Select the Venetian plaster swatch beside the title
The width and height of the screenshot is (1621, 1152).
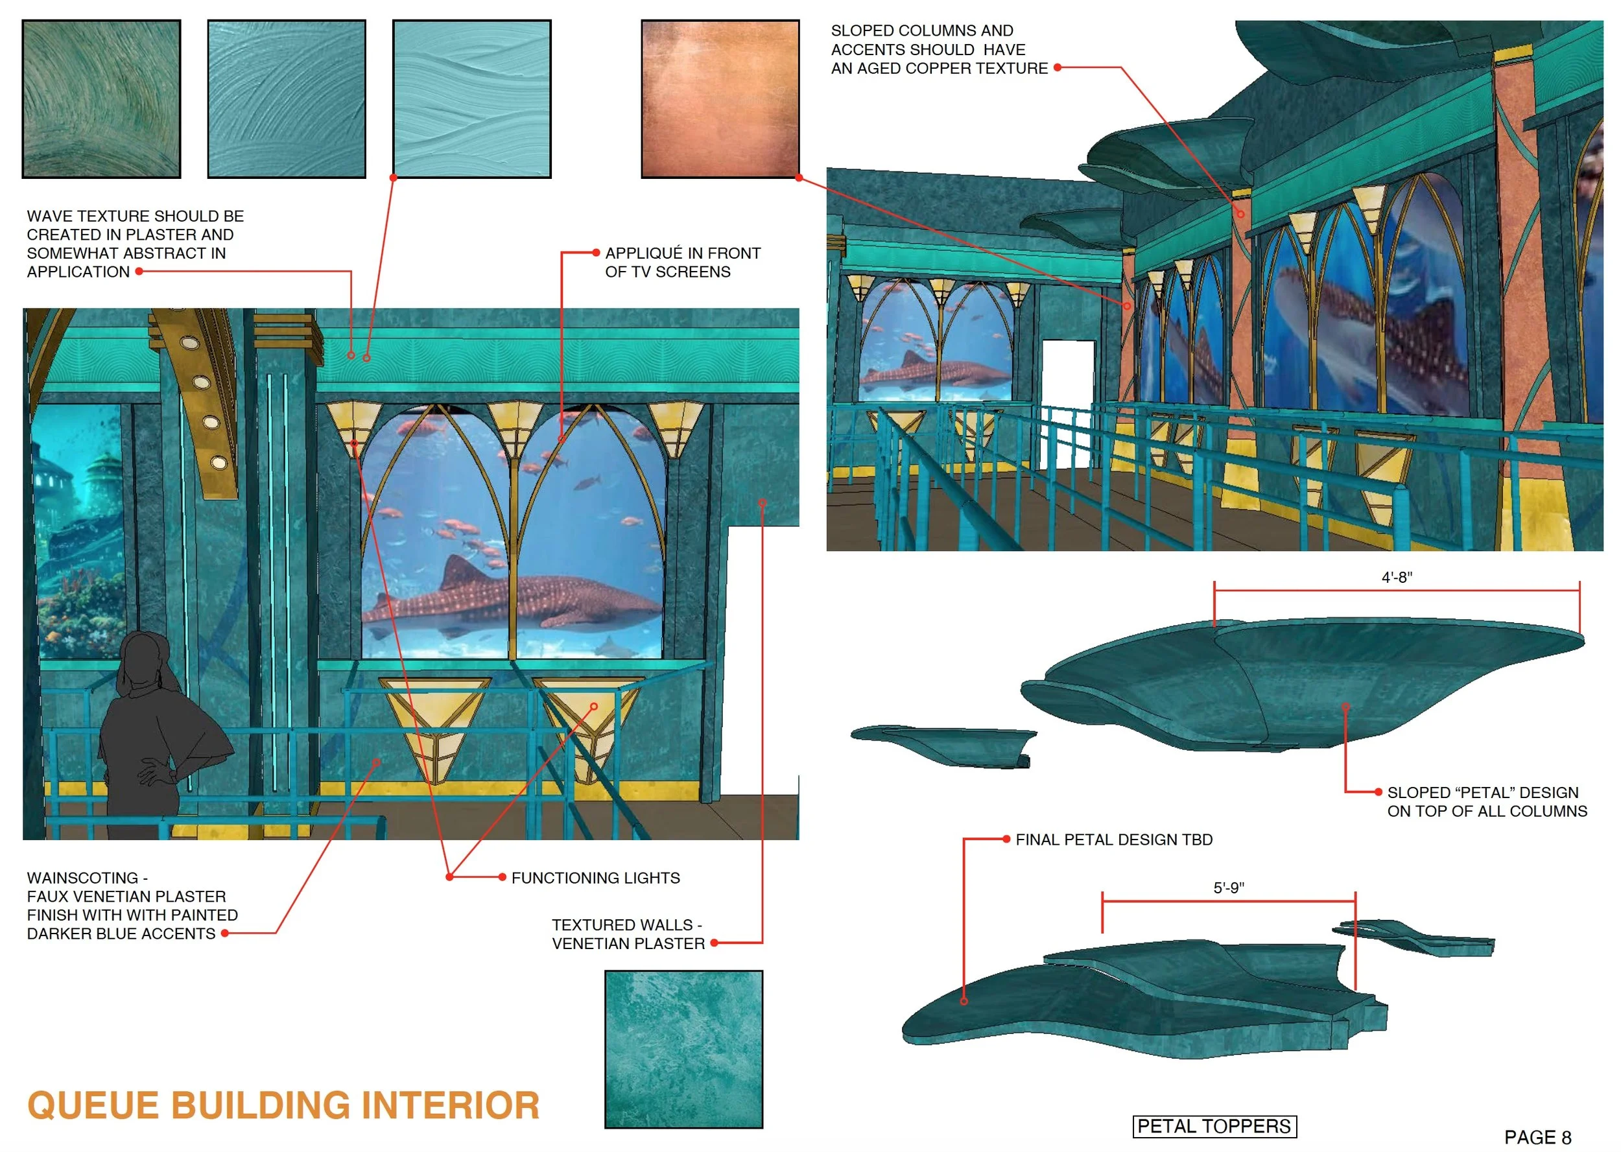[x=683, y=1048]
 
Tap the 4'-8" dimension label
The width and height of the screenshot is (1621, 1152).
[x=1396, y=578]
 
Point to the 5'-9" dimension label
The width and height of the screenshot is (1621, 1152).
[x=1228, y=888]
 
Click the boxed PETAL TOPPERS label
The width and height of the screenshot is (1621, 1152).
[x=1214, y=1126]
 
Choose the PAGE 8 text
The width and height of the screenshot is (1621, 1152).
[x=1537, y=1137]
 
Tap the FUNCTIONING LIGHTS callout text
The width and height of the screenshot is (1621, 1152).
[x=595, y=878]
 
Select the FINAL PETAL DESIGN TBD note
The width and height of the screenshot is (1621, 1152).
[x=1114, y=839]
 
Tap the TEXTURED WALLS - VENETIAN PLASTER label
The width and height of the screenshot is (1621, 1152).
[x=628, y=934]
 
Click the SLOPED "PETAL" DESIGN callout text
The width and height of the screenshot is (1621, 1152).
[x=1486, y=801]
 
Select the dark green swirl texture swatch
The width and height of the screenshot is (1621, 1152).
[x=101, y=99]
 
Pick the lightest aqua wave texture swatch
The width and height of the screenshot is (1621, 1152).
[x=472, y=99]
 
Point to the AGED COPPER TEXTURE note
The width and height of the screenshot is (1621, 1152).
[x=938, y=50]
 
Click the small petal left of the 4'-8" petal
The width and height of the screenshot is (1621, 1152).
[x=943, y=745]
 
